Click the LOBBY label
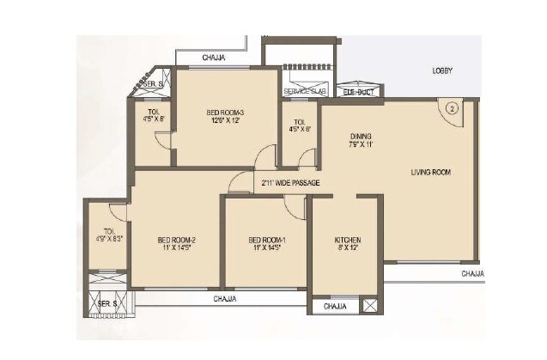441,70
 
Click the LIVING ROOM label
430,172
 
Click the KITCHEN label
347,240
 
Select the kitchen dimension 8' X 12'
347,248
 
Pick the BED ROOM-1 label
265,240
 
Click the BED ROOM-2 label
177,240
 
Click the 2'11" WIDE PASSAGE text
291,183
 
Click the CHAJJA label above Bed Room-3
215,58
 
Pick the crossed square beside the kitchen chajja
369,306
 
